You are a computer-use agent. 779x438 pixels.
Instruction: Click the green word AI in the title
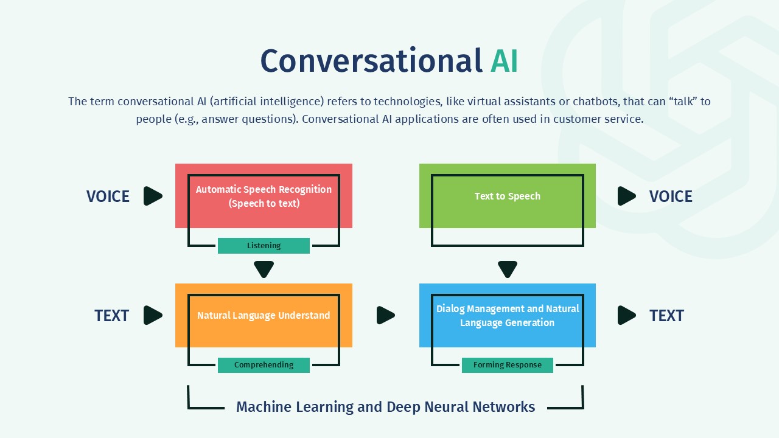tap(504, 61)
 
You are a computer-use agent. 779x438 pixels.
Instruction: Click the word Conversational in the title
tap(371, 61)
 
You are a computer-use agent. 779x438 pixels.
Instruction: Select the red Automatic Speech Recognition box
tap(264, 196)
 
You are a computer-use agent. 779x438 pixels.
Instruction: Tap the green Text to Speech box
tap(507, 196)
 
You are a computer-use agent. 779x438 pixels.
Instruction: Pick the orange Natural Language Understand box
tap(264, 315)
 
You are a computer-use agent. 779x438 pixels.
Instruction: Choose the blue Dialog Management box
tap(507, 315)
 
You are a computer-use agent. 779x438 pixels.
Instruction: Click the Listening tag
tap(264, 246)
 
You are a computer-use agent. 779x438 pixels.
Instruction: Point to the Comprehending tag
tap(264, 365)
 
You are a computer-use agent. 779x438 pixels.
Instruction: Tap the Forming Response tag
tap(507, 365)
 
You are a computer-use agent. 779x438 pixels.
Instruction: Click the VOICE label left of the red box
tap(108, 196)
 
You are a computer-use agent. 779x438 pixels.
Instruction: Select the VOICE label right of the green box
tap(671, 196)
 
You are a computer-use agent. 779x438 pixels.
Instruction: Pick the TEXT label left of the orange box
tap(111, 316)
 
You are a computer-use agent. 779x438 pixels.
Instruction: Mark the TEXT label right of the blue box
tap(666, 316)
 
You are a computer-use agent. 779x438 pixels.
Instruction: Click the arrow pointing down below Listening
tap(264, 269)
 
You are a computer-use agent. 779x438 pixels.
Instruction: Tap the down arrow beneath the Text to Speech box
tap(507, 269)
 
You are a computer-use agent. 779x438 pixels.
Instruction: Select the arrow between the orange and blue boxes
tap(385, 315)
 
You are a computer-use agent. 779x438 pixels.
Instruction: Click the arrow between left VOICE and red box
tap(153, 196)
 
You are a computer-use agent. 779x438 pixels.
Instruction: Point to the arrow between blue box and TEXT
tap(626, 315)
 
